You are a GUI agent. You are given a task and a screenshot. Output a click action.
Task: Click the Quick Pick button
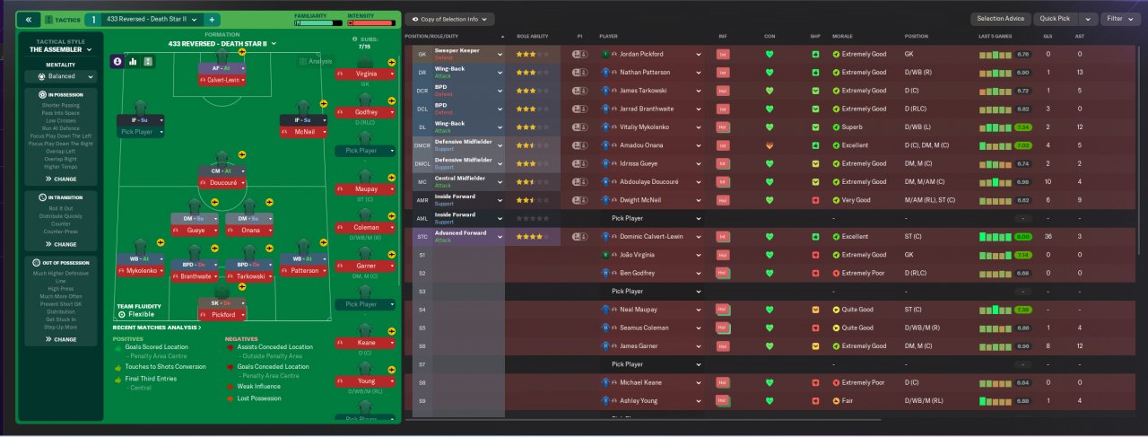click(x=1055, y=19)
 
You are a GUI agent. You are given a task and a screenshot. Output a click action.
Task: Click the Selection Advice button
click(x=1000, y=19)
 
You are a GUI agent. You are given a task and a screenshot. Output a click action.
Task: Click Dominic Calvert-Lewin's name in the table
click(x=651, y=237)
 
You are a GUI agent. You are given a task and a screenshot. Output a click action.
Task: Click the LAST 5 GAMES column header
click(x=997, y=36)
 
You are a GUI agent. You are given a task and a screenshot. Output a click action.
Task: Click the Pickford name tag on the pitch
click(x=222, y=316)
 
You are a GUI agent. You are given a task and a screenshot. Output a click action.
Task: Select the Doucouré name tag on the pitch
click(x=222, y=181)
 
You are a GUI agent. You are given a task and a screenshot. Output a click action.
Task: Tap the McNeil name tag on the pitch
click(x=304, y=131)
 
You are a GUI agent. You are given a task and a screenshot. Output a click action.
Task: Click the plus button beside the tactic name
click(x=212, y=19)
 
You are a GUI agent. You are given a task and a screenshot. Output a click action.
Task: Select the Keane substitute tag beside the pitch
click(x=366, y=343)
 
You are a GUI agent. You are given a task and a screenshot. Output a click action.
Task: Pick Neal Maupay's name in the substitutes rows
click(x=637, y=310)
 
